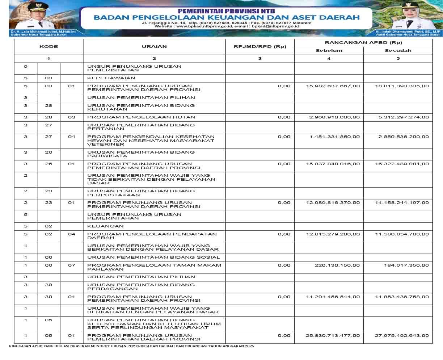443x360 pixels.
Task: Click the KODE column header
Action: pyautogui.click(x=48, y=47)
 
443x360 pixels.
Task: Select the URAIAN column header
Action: pyautogui.click(x=154, y=47)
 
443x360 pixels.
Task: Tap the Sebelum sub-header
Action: pyautogui.click(x=329, y=51)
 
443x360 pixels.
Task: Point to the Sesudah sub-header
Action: pyautogui.click(x=398, y=51)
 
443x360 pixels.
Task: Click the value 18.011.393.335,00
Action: pyautogui.click(x=402, y=86)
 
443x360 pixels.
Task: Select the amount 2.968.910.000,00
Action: pyautogui.click(x=334, y=117)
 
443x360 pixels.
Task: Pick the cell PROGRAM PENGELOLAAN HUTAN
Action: pyautogui.click(x=141, y=117)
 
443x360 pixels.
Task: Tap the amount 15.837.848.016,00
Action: pyautogui.click(x=333, y=164)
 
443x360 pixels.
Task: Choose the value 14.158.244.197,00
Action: pyautogui.click(x=402, y=203)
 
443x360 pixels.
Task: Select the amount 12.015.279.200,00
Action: pyautogui.click(x=333, y=234)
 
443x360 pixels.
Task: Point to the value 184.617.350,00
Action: pyautogui.click(x=406, y=265)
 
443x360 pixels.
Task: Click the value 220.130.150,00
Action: pyautogui.click(x=337, y=265)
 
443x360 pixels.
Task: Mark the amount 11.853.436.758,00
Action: pyautogui.click(x=402, y=297)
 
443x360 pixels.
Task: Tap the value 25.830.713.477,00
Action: pyautogui.click(x=333, y=336)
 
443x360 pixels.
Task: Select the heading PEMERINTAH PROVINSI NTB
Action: pyautogui.click(x=226, y=11)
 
